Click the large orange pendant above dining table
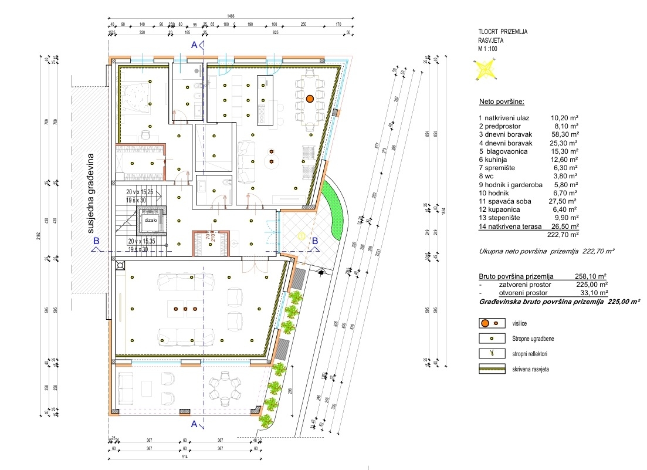pyautogui.click(x=309, y=98)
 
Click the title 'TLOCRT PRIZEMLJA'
pyautogui.click(x=503, y=33)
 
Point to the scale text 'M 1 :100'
pyautogui.click(x=490, y=49)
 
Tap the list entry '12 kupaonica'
pyautogui.click(x=500, y=208)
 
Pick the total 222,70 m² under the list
pyautogui.click(x=563, y=234)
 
